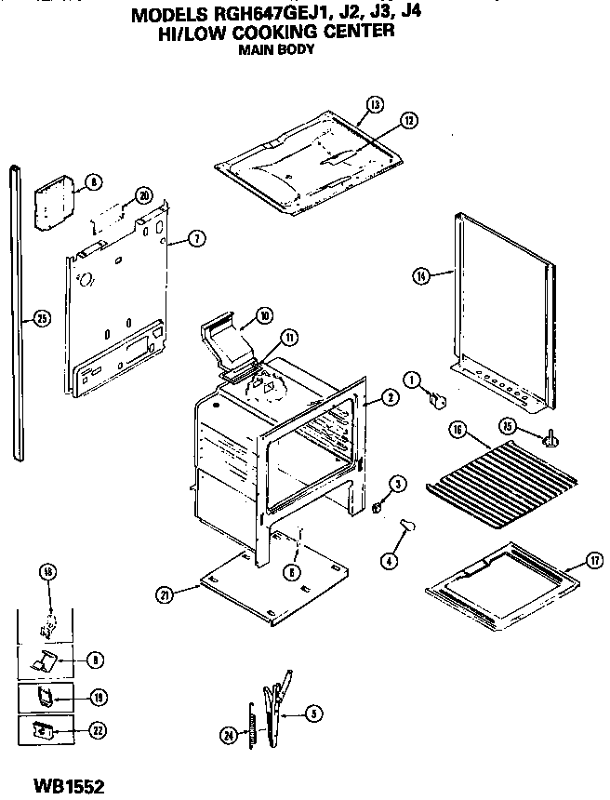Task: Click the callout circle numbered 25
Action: (x=39, y=318)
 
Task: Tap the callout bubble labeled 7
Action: (x=196, y=239)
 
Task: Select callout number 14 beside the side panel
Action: (x=422, y=275)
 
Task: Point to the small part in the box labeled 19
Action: (x=44, y=695)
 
